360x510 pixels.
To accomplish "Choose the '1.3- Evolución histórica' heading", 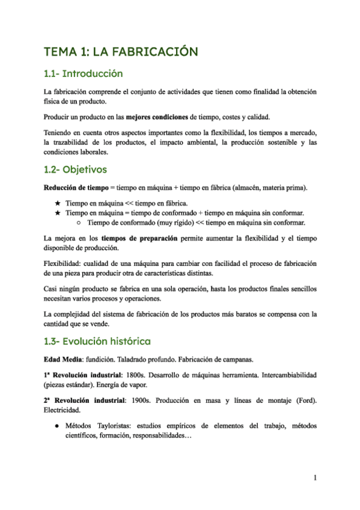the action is (97, 342).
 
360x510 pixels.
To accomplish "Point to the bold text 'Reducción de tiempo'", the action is (72, 188).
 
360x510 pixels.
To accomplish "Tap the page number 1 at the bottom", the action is (315, 478).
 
